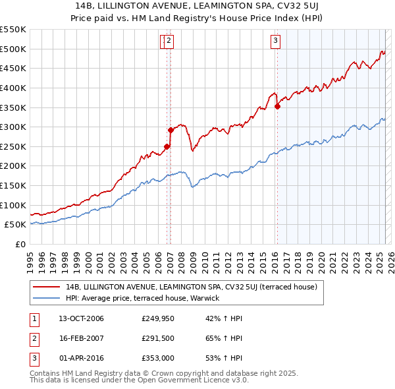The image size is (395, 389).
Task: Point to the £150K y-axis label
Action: point(13,185)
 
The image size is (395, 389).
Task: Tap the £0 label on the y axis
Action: point(21,244)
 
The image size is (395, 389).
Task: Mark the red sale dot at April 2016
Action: point(277,106)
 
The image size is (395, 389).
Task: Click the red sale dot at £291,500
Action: point(171,130)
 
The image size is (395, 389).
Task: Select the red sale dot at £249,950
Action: point(167,146)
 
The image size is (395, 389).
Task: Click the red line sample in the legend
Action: point(47,287)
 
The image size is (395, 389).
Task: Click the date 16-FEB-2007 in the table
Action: point(81,339)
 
